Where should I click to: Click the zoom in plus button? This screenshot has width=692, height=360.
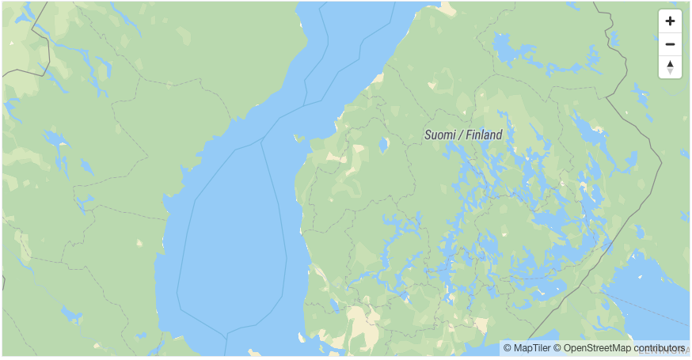click(670, 21)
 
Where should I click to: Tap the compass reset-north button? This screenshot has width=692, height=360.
click(670, 67)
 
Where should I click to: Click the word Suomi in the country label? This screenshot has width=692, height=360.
click(439, 135)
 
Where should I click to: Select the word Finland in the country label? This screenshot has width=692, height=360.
click(483, 135)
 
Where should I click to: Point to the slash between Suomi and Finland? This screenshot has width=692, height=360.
click(460, 135)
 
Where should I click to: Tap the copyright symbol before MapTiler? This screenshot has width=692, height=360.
click(508, 348)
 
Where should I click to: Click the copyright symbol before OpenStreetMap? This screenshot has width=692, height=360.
click(557, 348)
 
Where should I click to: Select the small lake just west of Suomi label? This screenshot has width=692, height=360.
click(384, 146)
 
